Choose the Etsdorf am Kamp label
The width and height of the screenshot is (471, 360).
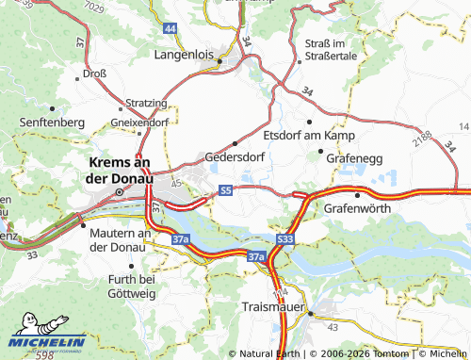[308, 136]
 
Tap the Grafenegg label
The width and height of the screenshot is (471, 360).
[355, 157]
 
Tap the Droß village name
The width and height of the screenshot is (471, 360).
[94, 73]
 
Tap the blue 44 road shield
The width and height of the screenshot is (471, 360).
[170, 29]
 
